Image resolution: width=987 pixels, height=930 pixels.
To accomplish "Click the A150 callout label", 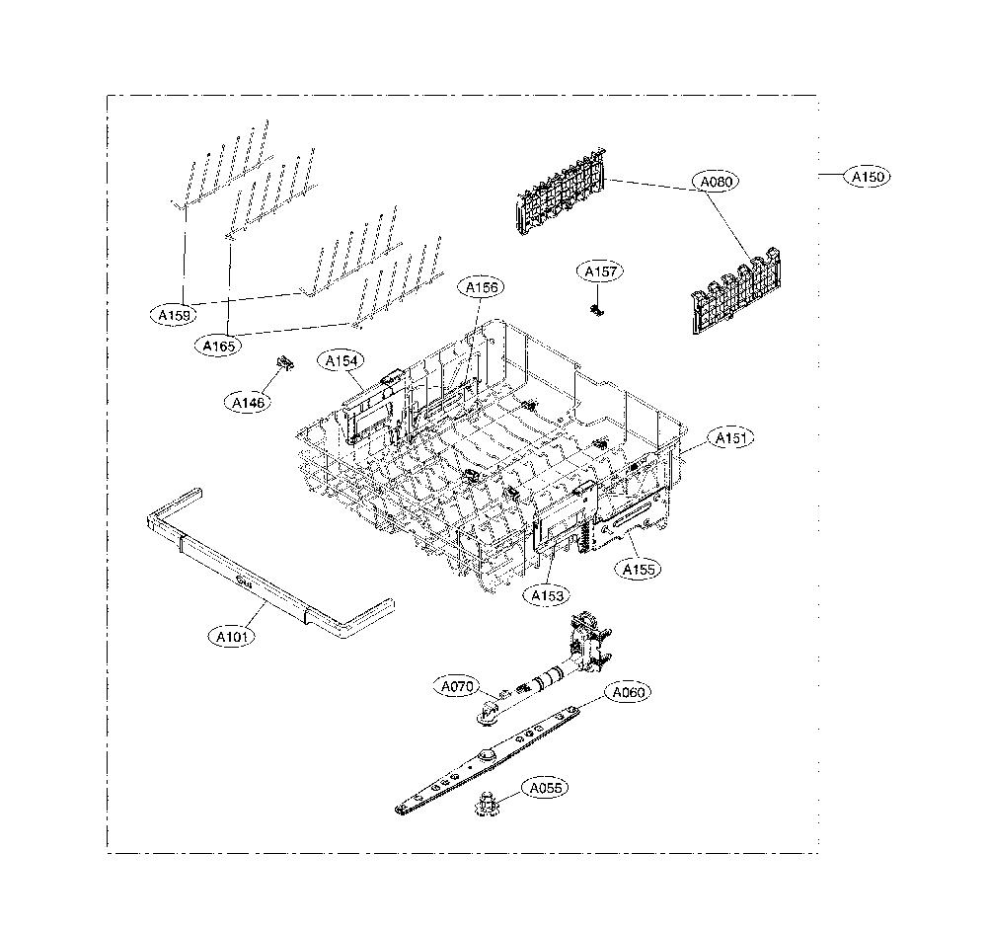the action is pyautogui.click(x=868, y=177).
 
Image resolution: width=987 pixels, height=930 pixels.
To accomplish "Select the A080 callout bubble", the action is pyautogui.click(x=716, y=182).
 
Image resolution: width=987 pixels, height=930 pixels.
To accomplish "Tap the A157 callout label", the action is pyautogui.click(x=600, y=271).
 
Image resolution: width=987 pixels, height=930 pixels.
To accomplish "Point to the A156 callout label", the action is pyautogui.click(x=481, y=287).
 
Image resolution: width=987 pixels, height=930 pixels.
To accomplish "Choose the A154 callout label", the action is pyautogui.click(x=341, y=360).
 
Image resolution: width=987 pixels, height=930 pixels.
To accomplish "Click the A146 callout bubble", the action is pyautogui.click(x=248, y=403).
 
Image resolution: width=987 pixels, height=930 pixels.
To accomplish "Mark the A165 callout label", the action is pyautogui.click(x=218, y=346).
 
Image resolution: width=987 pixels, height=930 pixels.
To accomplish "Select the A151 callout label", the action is pyautogui.click(x=730, y=437).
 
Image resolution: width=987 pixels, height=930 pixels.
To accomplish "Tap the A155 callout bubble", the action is pyautogui.click(x=638, y=570).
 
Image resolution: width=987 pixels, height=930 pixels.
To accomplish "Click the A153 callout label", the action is pyautogui.click(x=547, y=595).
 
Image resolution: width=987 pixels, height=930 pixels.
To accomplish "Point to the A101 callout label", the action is pyautogui.click(x=232, y=637).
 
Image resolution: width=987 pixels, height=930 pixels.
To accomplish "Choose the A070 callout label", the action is pyautogui.click(x=456, y=686).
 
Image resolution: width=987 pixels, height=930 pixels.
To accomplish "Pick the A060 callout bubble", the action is pyautogui.click(x=628, y=692).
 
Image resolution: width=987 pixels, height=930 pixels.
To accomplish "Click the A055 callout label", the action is pyautogui.click(x=545, y=788).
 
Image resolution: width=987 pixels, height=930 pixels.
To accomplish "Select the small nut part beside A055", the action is pyautogui.click(x=486, y=804).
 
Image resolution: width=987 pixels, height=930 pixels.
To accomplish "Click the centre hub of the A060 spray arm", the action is pyautogui.click(x=487, y=755).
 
